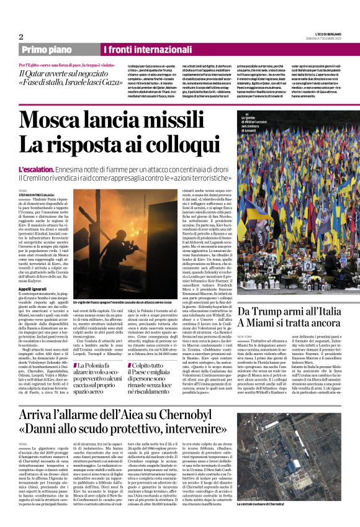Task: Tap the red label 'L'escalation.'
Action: click(x=37, y=151)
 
